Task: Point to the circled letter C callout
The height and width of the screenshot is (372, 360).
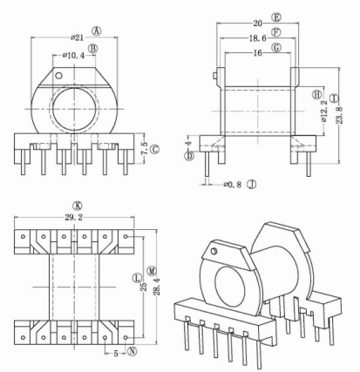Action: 155,149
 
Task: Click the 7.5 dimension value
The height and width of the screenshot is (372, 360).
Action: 145,149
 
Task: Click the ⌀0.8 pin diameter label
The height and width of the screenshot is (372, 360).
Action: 231,185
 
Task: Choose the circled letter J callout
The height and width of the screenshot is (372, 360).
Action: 251,185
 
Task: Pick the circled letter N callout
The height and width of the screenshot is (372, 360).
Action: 132,353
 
